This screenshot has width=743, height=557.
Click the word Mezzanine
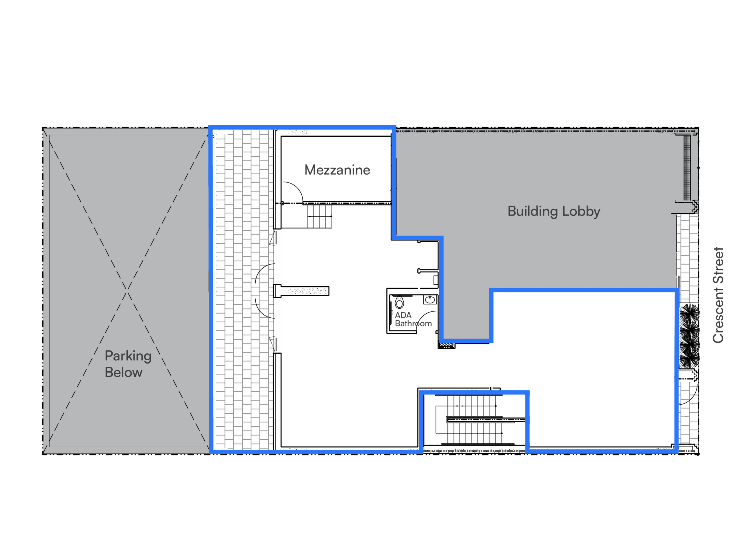point(337,170)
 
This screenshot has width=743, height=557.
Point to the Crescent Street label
point(718,295)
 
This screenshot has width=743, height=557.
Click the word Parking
point(128,356)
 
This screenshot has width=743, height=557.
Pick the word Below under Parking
point(123,372)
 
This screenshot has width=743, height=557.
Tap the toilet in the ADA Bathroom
point(399,303)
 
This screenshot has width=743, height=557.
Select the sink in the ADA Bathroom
point(430,299)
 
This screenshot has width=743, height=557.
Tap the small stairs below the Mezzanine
point(319,216)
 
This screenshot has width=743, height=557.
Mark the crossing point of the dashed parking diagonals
point(127,291)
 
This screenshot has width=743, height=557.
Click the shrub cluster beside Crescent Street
point(690,336)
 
